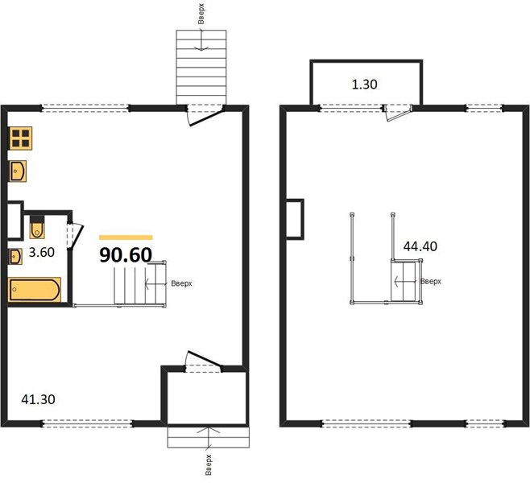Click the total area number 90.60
[126, 255]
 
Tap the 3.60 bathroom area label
[42, 252]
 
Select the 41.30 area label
[38, 399]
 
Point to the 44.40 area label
[420, 246]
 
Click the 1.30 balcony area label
[365, 84]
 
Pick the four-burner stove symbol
[21, 138]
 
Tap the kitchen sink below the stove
[18, 171]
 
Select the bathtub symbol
[35, 290]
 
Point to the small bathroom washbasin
[15, 257]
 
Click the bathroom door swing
[75, 236]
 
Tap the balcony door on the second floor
[399, 113]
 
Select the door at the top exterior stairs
[205, 115]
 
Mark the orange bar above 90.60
[126, 237]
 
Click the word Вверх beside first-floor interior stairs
[181, 283]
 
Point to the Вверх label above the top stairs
[201, 14]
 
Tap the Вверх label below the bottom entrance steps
[208, 465]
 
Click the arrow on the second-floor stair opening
[405, 281]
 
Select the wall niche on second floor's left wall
[295, 219]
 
